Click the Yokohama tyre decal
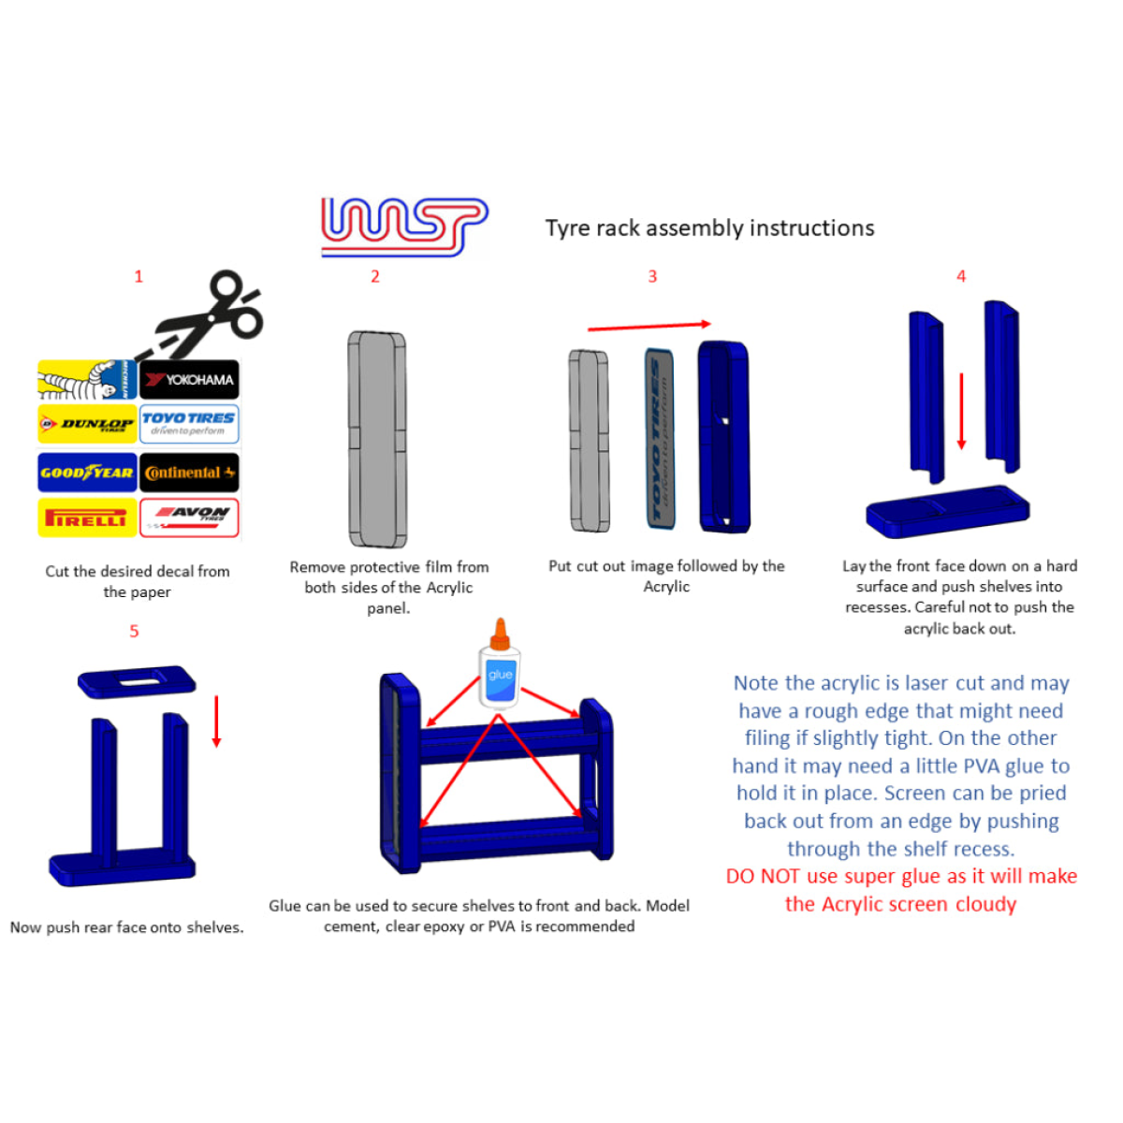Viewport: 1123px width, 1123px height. click(189, 379)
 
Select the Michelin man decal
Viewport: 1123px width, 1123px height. click(87, 379)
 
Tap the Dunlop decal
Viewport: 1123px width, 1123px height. click(87, 424)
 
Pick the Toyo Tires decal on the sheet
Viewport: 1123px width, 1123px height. click(189, 424)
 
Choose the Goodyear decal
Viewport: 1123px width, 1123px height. click(87, 472)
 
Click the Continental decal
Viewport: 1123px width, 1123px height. click(189, 472)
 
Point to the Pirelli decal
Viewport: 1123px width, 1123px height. click(87, 517)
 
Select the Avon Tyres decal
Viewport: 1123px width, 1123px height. click(189, 517)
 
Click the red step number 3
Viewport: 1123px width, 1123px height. click(652, 277)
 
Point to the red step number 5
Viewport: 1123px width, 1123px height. click(134, 631)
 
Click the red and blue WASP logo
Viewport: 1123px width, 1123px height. click(404, 227)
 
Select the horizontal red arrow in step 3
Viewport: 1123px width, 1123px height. click(649, 327)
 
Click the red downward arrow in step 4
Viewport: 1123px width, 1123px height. click(961, 412)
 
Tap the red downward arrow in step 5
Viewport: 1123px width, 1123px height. click(216, 722)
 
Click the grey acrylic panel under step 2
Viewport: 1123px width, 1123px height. click(377, 440)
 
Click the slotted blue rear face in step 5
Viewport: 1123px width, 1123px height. click(137, 682)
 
